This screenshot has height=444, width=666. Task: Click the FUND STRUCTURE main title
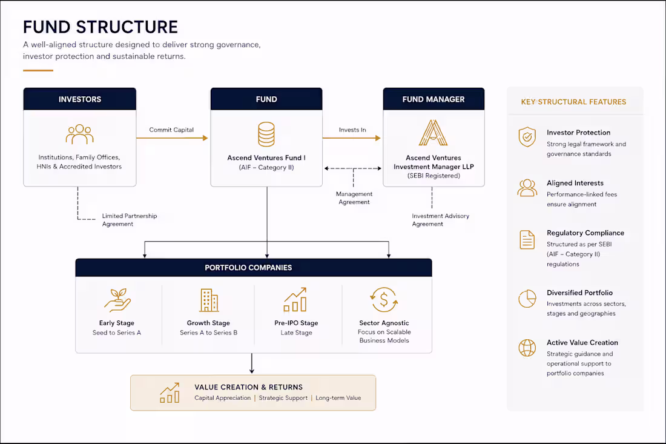pyautogui.click(x=101, y=27)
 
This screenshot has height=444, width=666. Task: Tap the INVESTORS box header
pyautogui.click(x=80, y=99)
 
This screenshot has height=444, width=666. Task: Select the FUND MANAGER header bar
pyautogui.click(x=434, y=99)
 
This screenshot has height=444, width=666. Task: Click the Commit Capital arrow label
pyautogui.click(x=171, y=130)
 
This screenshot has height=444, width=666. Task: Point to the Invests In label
pyautogui.click(x=352, y=130)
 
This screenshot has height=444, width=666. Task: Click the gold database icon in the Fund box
pyautogui.click(x=266, y=134)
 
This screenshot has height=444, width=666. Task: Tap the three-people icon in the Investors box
pyautogui.click(x=80, y=134)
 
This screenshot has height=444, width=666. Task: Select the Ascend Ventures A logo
pyautogui.click(x=434, y=133)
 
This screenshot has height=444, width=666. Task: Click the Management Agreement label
pyautogui.click(x=354, y=198)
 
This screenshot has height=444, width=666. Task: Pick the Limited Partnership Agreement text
pyautogui.click(x=130, y=220)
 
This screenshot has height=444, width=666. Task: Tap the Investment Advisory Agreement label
pyautogui.click(x=440, y=220)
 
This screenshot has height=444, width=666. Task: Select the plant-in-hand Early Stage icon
pyautogui.click(x=117, y=300)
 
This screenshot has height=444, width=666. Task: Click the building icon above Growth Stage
pyautogui.click(x=209, y=300)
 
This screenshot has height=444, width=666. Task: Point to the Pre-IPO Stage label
pyautogui.click(x=296, y=323)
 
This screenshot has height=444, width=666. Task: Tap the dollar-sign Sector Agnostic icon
pyautogui.click(x=384, y=300)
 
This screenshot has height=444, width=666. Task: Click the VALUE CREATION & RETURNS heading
pyautogui.click(x=248, y=387)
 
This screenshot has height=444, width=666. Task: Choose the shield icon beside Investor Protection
pyautogui.click(x=527, y=137)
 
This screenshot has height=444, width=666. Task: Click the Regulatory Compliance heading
pyautogui.click(x=585, y=233)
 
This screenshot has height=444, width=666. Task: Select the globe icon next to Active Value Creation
pyautogui.click(x=527, y=348)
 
